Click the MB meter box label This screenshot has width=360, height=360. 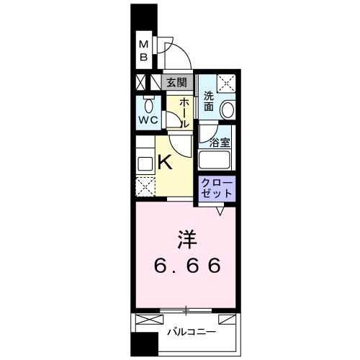pos(143,50)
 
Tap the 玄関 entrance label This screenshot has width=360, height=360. pos(176,82)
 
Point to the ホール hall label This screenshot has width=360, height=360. pos(184,112)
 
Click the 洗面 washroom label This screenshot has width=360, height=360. pos(208,101)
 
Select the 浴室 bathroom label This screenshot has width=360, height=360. pos(220,142)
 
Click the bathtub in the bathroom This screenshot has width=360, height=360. pos(217,159)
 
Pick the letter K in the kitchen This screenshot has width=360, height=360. pos(165,162)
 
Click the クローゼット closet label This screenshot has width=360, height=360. pos(217,188)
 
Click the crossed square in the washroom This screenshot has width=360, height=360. pos(228,84)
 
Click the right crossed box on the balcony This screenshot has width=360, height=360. pos(226,318)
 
